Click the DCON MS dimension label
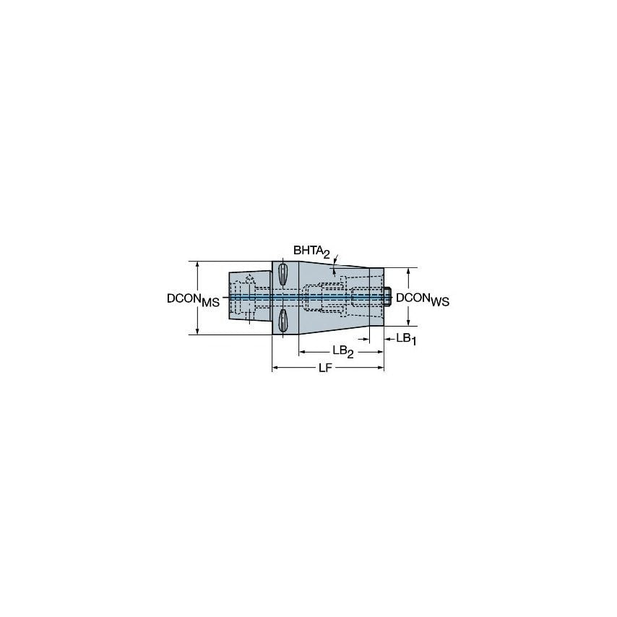(193, 299)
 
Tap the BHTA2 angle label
(311, 251)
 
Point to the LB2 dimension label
(342, 351)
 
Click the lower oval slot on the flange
(282, 322)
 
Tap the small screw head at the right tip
(388, 296)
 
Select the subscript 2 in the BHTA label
(327, 254)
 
